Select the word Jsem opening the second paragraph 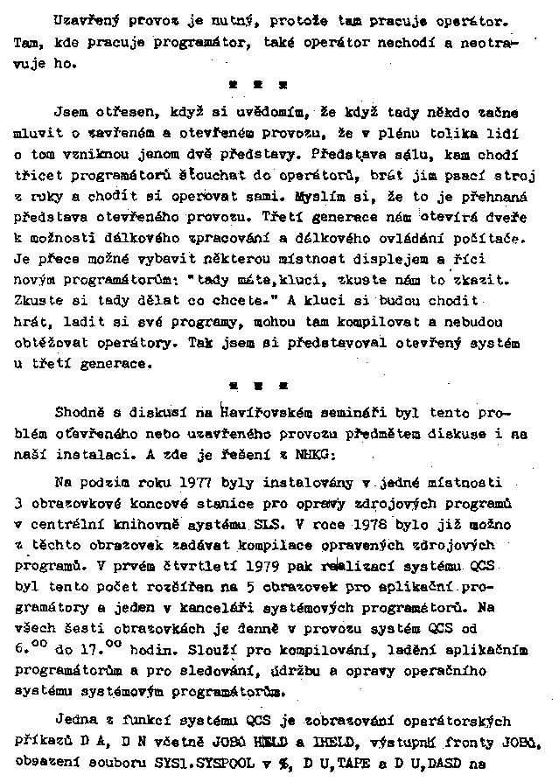click(x=73, y=113)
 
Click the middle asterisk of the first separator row click(x=258, y=86)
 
